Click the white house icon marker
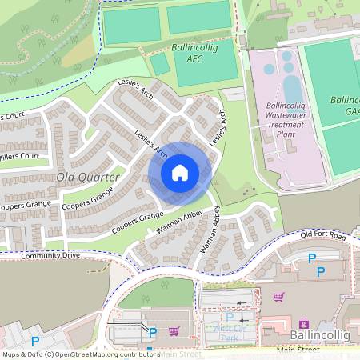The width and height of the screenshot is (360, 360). pos(180,172)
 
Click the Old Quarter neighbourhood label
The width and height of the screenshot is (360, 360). pos(88,176)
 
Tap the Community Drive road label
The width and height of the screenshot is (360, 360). pos(51,256)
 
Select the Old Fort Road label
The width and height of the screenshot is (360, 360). pos(322,235)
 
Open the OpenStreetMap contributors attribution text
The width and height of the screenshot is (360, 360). pos(80,354)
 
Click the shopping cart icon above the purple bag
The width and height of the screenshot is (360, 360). pos(278,297)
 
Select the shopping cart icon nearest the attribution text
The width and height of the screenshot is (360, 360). pos(174,331)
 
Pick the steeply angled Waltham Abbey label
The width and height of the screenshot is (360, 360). pos(210,231)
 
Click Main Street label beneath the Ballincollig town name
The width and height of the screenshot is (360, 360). pos(298,350)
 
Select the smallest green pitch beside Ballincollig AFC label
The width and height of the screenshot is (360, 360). pos(160,64)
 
